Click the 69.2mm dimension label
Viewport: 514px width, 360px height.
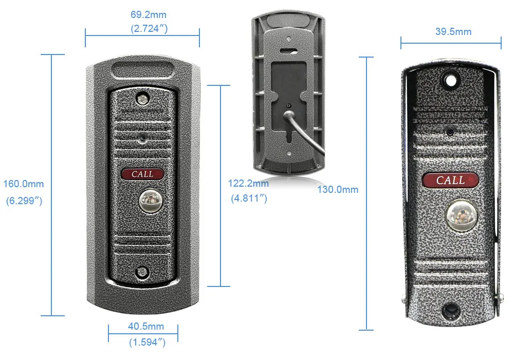pos(149,15)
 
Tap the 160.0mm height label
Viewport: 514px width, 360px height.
pos(24,184)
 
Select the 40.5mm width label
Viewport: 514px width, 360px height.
pos(146,327)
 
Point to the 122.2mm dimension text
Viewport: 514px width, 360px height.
pos(248,184)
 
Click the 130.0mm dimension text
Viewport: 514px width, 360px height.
pos(337,190)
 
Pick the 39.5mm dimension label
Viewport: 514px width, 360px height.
pos(453,32)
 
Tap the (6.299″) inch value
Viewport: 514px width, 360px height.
pos(24,201)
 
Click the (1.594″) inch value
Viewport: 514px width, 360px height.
pos(146,341)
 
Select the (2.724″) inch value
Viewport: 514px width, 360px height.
pos(149,29)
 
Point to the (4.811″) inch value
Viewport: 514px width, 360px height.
pos(248,198)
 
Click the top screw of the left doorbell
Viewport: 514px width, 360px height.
pos(141,97)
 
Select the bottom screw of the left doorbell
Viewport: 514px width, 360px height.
pos(141,273)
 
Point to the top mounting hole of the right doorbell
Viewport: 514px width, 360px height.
pos(450,80)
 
